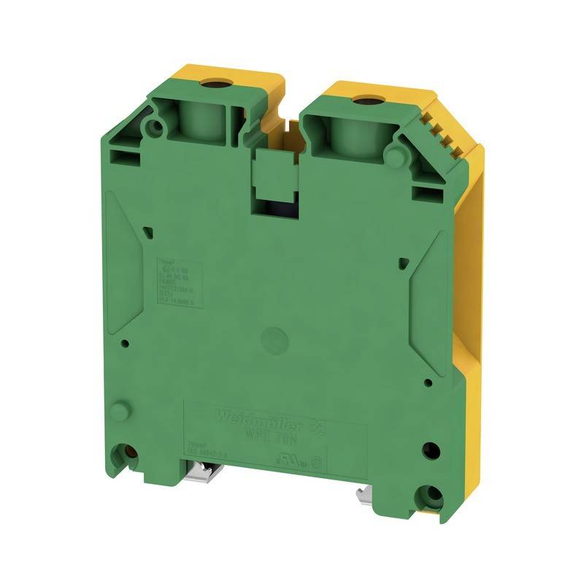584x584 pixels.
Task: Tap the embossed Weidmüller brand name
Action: coord(240,416)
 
